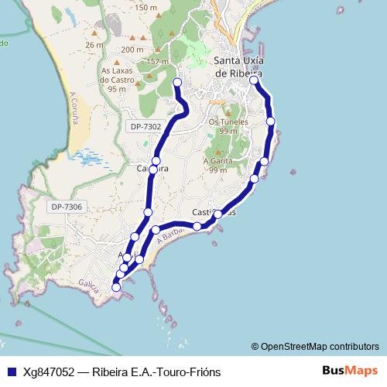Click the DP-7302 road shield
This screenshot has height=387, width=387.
tap(146, 126)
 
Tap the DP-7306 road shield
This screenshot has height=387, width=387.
tap(67, 207)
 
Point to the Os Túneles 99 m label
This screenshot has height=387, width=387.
tap(228, 126)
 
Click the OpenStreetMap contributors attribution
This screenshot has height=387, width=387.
tap(319, 346)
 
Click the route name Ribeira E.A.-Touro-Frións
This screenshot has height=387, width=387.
tap(156, 372)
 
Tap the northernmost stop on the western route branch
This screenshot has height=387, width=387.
tap(177, 82)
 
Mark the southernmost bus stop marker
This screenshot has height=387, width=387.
tap(116, 287)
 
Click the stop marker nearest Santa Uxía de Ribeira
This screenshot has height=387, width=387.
tap(254, 79)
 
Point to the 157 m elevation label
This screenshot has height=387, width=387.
tap(157, 62)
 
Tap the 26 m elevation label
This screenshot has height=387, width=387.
tap(94, 45)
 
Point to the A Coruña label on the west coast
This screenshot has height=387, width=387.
tap(74, 109)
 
